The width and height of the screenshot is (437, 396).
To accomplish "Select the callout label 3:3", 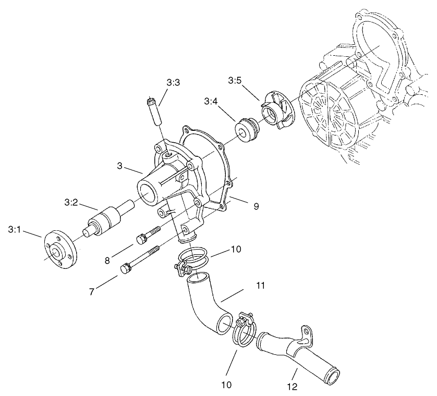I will pyautogui.click(x=174, y=82).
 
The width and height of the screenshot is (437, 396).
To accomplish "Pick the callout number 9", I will pyautogui.click(x=256, y=206).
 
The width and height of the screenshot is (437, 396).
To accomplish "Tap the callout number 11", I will pyautogui.click(x=261, y=286).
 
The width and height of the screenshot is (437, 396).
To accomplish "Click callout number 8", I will pyautogui.click(x=107, y=259).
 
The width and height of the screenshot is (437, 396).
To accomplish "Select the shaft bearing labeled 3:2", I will pyautogui.click(x=107, y=219).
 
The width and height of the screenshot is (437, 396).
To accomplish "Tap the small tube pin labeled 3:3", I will pyautogui.click(x=154, y=110).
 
